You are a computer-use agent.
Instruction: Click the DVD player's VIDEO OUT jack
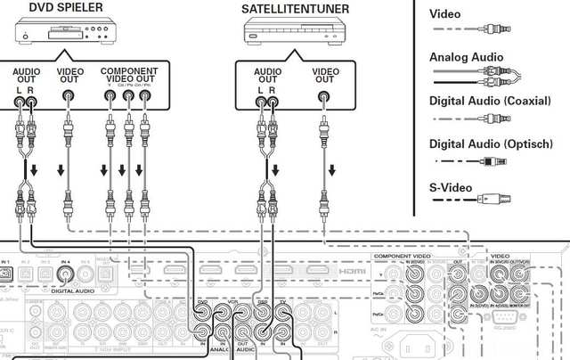[69, 102]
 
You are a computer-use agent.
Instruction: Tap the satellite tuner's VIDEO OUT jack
[324, 102]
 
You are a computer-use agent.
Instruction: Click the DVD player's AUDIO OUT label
[26, 76]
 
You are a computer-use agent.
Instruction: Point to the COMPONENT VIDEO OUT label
[129, 75]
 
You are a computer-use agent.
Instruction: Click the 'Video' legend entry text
[445, 14]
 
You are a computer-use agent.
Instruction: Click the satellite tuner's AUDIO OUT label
[266, 76]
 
